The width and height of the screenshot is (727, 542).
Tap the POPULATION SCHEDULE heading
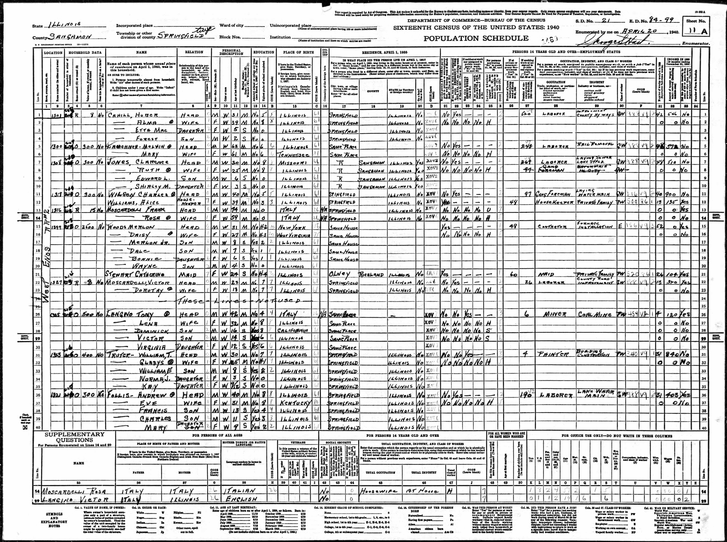tap(476, 38)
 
